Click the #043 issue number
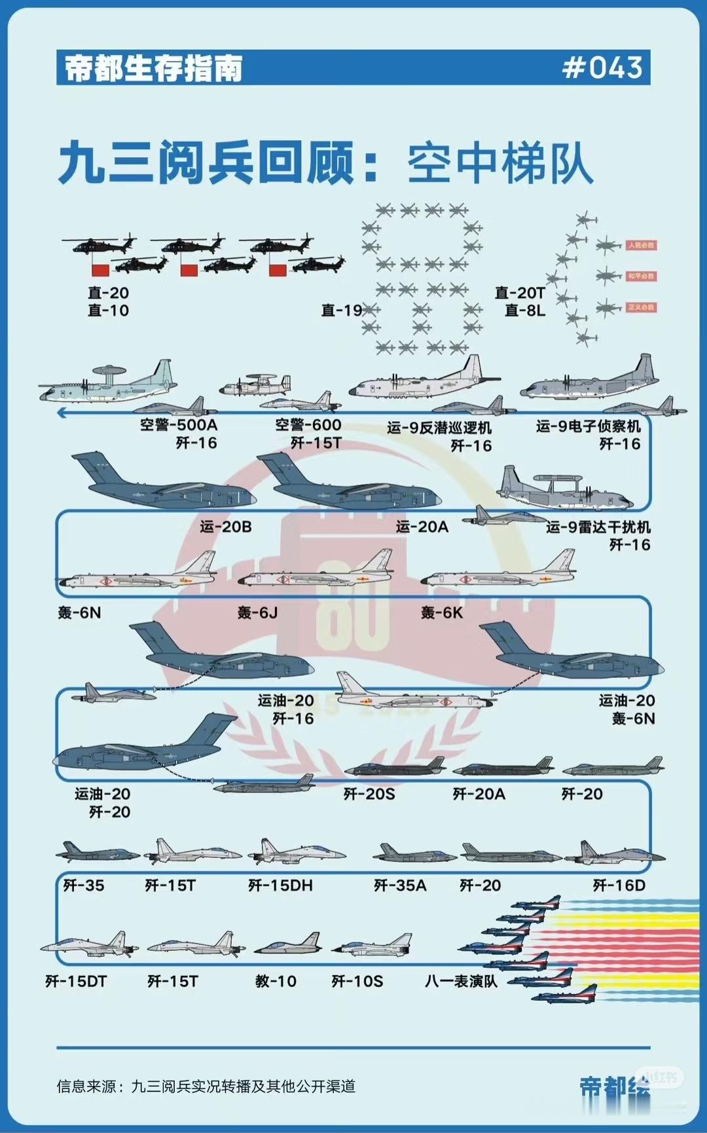(602, 67)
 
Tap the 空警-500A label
(178, 425)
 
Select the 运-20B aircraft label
(226, 527)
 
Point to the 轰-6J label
(257, 612)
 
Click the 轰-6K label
(442, 612)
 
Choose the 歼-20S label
(369, 794)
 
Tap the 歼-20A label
(479, 794)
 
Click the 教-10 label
(276, 981)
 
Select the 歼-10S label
(357, 981)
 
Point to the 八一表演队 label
(461, 981)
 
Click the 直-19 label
(341, 310)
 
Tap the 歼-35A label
(399, 885)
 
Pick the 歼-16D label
(619, 885)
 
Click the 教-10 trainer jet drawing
(288, 944)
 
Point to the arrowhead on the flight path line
(62, 413)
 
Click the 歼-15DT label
(76, 981)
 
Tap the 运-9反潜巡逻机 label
(439, 428)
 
